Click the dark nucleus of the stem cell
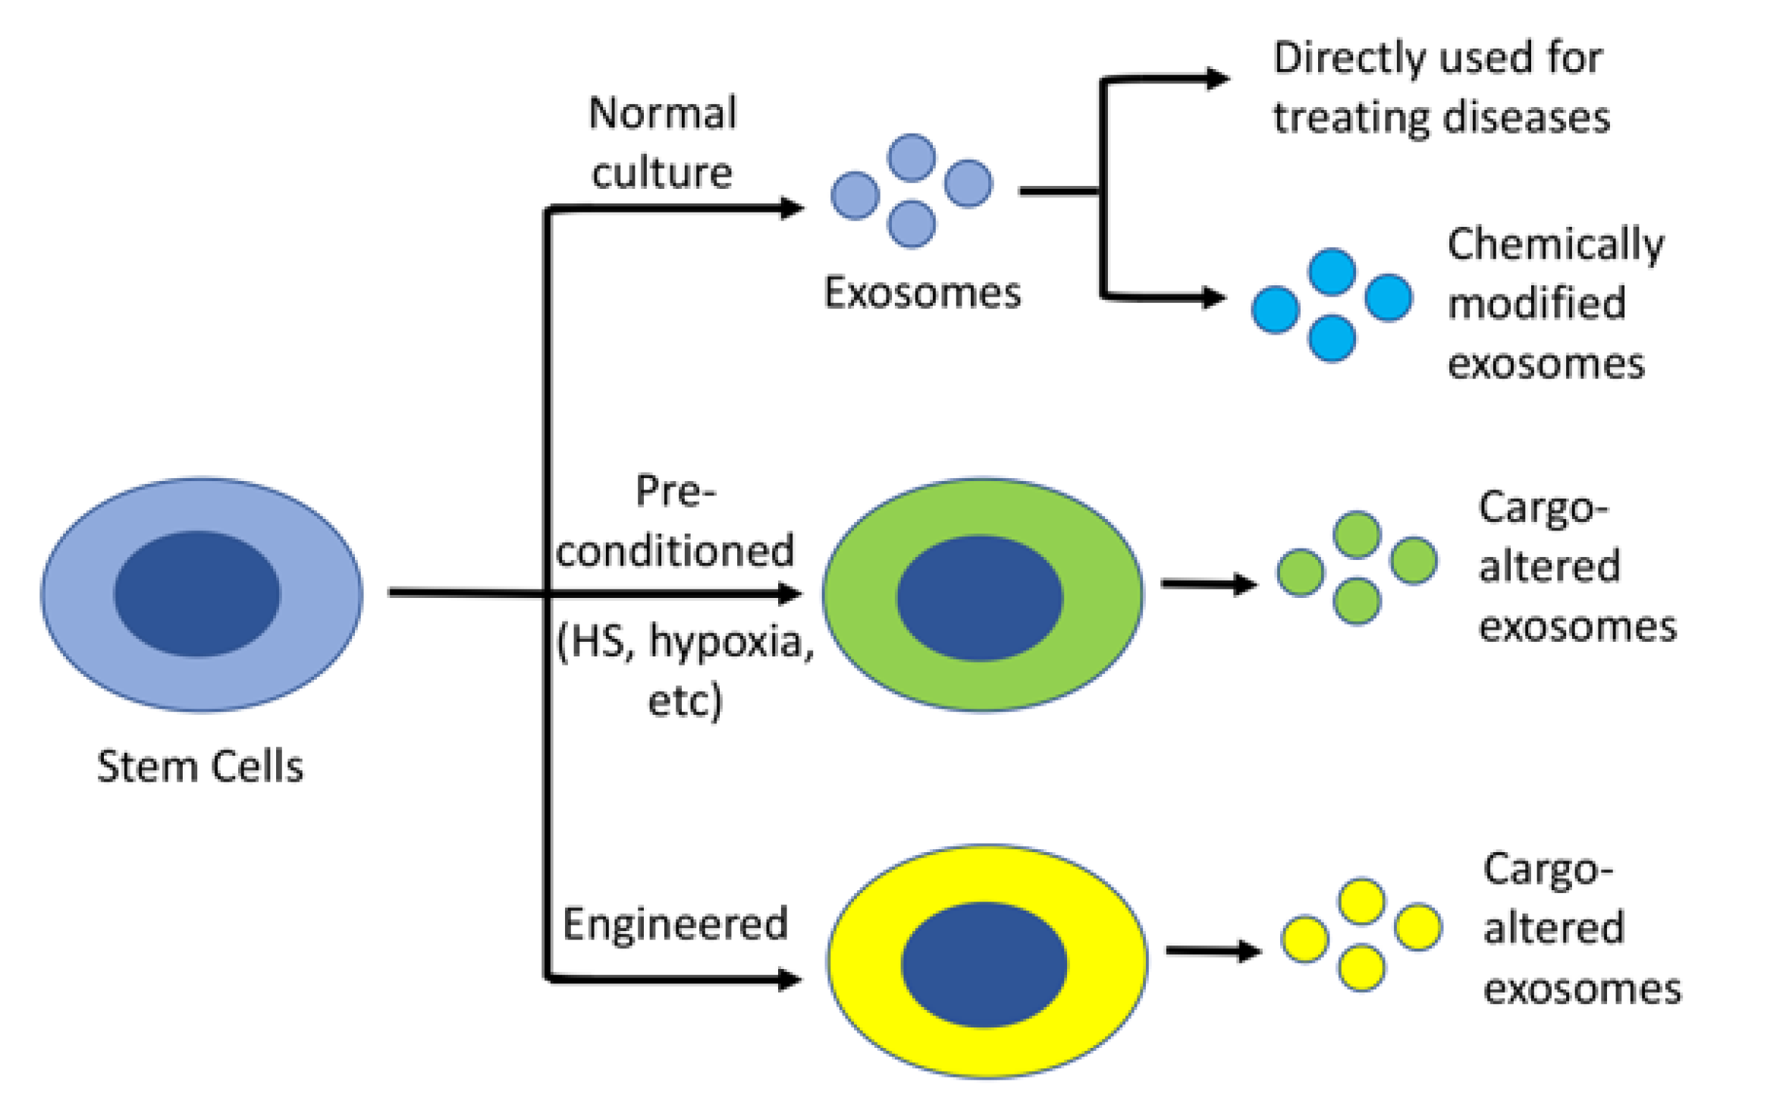click(x=197, y=593)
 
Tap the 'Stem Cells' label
click(x=200, y=766)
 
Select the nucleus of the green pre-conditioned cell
click(x=979, y=598)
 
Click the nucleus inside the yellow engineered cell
click(x=984, y=964)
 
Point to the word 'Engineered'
click(x=675, y=924)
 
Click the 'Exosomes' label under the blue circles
click(x=922, y=293)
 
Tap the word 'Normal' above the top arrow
click(x=663, y=114)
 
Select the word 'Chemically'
click(x=1555, y=244)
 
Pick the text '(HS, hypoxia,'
click(x=685, y=642)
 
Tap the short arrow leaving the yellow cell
click(x=1213, y=950)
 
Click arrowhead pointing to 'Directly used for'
click(x=1218, y=78)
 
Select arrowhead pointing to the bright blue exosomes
click(x=1214, y=297)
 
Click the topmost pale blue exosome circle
click(x=911, y=158)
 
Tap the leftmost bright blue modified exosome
click(x=1275, y=310)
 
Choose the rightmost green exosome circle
click(x=1413, y=561)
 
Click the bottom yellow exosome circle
click(x=1361, y=967)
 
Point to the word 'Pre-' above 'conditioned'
click(x=675, y=492)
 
